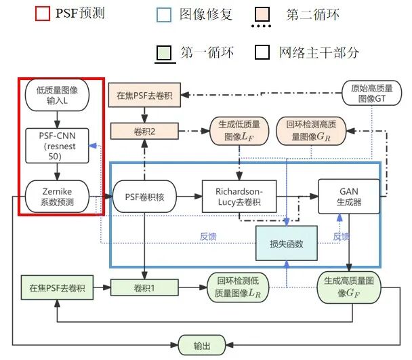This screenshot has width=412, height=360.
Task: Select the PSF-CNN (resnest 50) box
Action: coord(57,144)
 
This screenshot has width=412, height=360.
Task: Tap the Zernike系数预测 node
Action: coord(57,197)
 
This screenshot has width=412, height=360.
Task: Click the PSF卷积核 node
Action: coord(144,197)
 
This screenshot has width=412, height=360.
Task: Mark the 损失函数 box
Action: coord(286,244)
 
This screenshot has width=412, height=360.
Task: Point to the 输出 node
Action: coord(201,345)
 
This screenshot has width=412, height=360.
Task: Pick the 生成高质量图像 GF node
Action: coord(349,289)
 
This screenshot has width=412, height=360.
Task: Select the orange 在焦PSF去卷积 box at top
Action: coord(144,95)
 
